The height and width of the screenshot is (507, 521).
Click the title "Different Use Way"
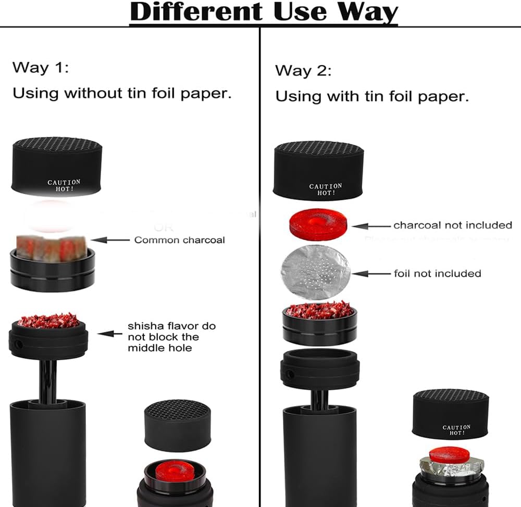(x=264, y=12)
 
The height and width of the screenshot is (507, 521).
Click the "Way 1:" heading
(x=41, y=68)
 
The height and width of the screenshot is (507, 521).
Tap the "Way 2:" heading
(x=303, y=70)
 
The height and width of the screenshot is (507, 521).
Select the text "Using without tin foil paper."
(x=122, y=94)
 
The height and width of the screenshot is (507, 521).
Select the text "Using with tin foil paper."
(x=372, y=96)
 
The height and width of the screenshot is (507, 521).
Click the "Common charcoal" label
(x=180, y=240)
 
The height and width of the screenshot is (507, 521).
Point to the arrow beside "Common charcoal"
(x=110, y=240)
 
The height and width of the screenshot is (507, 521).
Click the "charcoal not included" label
(x=453, y=225)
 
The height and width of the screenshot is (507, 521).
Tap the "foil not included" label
(x=437, y=273)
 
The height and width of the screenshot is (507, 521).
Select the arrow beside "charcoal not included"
(x=371, y=226)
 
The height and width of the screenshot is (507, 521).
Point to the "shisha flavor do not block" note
(x=171, y=337)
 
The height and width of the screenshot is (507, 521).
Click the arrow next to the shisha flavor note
(x=109, y=333)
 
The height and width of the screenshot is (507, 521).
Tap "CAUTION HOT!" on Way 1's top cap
(x=64, y=186)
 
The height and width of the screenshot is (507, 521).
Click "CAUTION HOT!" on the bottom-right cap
(x=456, y=430)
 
